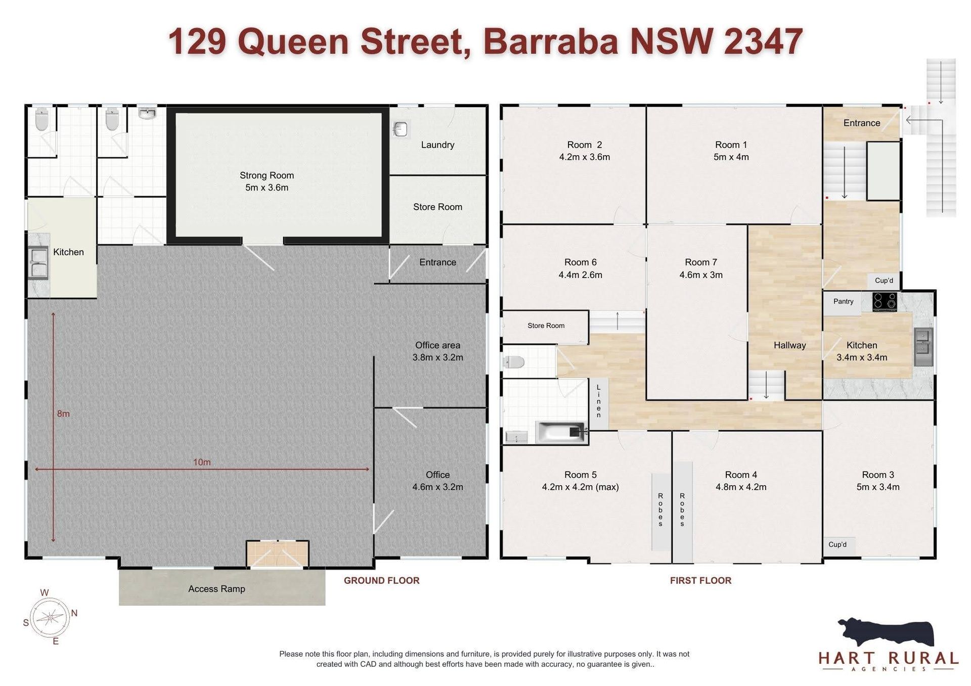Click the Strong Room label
pos(267,175)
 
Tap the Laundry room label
pos(437,145)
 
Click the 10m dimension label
pos(202,462)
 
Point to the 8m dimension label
pos(63,414)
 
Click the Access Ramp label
pos(216,589)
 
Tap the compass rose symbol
pos(50,617)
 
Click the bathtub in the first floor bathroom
pos(561,433)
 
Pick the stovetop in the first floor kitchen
pos(885,302)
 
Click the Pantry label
pos(843,301)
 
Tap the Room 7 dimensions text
pos(701,275)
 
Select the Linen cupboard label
pos(598,401)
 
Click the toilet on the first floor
pos(514,362)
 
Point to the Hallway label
pos(789,345)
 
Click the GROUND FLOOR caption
pos(382,580)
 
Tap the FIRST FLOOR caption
pos(700,580)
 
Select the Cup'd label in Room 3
pos(837,544)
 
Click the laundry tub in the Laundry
pos(401,129)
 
